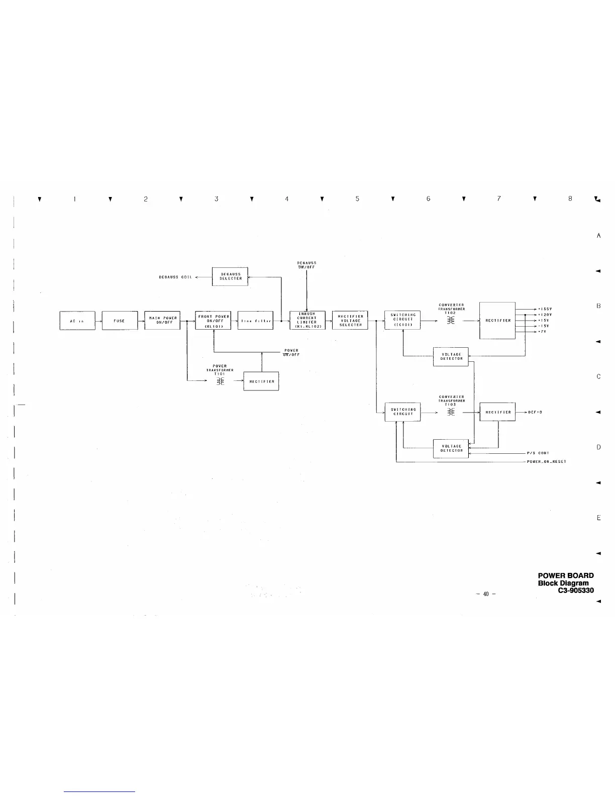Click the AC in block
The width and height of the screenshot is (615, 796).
pos(77,321)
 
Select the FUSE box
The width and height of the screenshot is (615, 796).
pos(120,321)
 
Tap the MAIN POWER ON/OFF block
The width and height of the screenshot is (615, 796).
pos(162,321)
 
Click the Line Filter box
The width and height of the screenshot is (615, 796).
pos(255,321)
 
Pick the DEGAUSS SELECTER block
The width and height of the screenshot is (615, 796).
pos(230,276)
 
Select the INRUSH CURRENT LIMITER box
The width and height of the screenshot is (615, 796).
pos(307,321)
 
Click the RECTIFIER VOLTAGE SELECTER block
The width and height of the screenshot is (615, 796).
pos(350,321)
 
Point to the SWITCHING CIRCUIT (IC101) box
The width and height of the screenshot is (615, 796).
pos(402,321)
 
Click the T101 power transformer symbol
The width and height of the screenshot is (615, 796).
pos(220,381)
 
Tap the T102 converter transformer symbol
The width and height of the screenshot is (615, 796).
pos(451,321)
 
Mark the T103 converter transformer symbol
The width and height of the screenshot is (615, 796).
pos(451,412)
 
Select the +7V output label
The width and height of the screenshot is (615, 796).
pos(542,332)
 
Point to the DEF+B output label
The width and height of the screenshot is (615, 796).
pos(535,412)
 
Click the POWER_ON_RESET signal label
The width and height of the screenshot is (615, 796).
pos(546,462)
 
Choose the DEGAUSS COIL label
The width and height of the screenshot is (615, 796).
pos(175,277)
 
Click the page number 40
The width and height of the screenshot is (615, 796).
pos(486,594)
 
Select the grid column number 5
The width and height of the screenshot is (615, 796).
pos(357,199)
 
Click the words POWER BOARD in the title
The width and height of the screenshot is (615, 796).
pos(565,576)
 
